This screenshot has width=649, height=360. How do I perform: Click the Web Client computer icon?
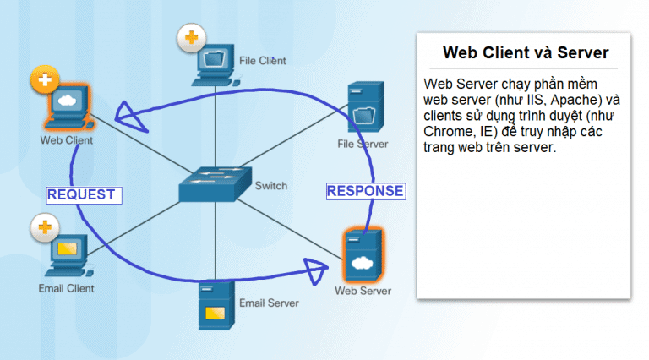coord(68,106)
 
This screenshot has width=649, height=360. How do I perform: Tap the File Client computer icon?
coord(215,65)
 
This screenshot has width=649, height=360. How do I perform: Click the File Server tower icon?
coord(365,106)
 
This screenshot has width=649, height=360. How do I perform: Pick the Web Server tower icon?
coord(363,255)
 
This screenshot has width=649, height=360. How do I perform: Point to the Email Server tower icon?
coord(216,305)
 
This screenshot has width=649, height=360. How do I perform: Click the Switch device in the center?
coord(215,184)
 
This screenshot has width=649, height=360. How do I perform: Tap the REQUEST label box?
coord(84,195)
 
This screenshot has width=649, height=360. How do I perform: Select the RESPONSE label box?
coord(366,191)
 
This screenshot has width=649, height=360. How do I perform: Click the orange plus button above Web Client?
coord(45,79)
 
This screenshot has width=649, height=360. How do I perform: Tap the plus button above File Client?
coord(191,38)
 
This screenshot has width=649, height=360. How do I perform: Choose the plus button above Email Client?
coord(45,227)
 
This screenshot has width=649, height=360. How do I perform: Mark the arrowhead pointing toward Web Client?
coord(129,117)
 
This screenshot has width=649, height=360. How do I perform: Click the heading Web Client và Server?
coord(526,52)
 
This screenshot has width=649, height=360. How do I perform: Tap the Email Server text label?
coord(269,303)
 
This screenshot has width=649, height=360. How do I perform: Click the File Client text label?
coord(263,61)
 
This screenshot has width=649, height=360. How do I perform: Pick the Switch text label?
coord(271,186)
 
